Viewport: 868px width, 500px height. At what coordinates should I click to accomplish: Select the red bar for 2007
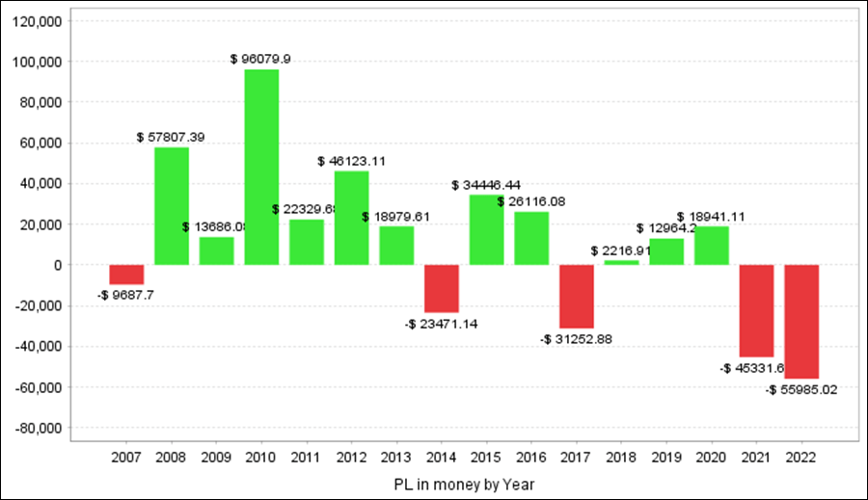point(126,275)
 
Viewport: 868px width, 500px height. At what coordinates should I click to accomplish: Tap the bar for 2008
point(172,206)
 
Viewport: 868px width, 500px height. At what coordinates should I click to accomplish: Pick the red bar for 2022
point(801,322)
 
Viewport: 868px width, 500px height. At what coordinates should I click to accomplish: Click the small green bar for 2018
point(621,262)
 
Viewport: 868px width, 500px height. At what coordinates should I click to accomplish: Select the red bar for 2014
point(442,288)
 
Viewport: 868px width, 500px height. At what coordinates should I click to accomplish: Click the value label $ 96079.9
point(261,59)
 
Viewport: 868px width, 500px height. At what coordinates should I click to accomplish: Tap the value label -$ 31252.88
point(576,339)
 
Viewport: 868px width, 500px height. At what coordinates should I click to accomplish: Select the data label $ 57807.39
point(171,138)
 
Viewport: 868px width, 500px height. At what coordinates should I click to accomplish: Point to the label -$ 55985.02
point(801,390)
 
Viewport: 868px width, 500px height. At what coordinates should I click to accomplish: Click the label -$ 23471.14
point(442,325)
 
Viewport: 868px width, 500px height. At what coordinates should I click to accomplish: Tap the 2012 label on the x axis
point(351,458)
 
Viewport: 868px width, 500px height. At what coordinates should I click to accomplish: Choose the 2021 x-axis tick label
point(756,458)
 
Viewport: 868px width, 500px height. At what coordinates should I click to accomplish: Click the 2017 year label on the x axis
point(576,458)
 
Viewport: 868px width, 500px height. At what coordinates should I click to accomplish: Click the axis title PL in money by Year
point(463,484)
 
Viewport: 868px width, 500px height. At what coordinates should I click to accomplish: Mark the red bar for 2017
point(577,296)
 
